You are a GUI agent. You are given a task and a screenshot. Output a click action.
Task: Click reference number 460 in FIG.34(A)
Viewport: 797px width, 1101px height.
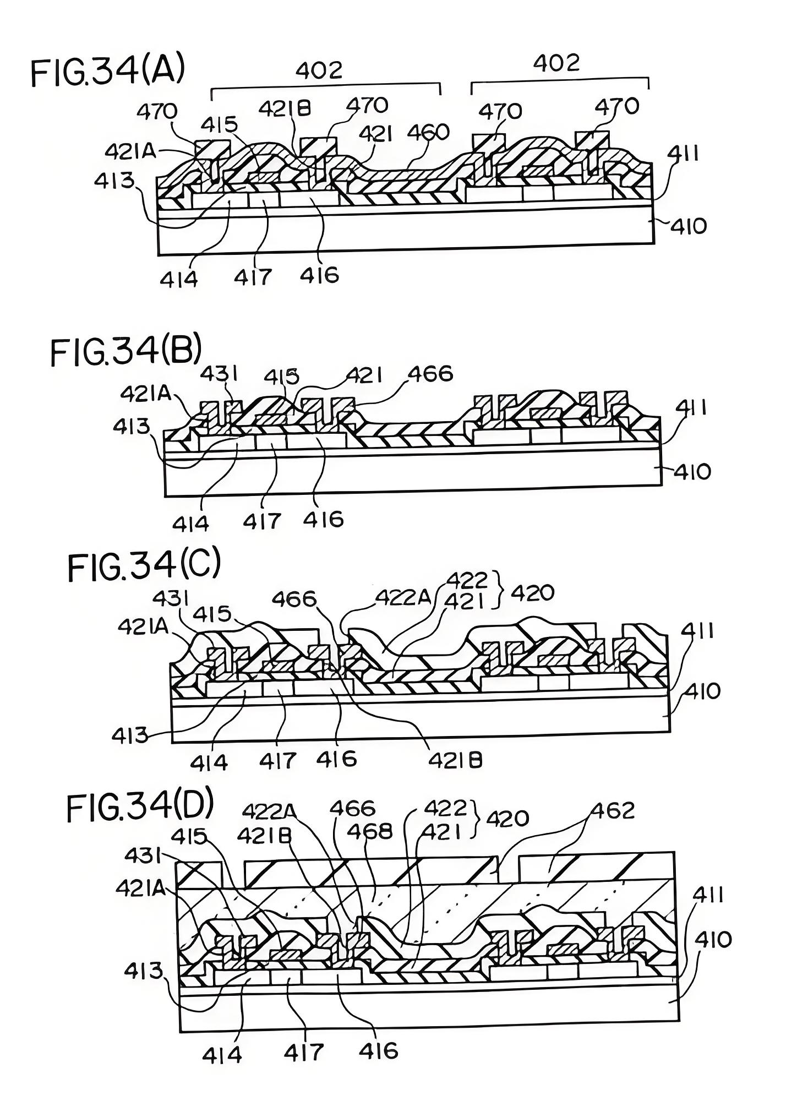pos(429,132)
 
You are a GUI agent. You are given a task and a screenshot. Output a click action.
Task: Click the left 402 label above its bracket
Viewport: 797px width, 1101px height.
pos(319,70)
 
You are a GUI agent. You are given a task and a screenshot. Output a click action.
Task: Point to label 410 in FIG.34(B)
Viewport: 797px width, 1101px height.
pos(692,472)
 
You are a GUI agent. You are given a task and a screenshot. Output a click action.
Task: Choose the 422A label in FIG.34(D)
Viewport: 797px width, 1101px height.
pos(269,810)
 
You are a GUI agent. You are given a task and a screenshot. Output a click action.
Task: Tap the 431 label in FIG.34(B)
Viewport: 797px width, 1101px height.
pos(219,374)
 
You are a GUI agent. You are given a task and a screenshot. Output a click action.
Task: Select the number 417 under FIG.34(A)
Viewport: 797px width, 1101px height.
pos(253,277)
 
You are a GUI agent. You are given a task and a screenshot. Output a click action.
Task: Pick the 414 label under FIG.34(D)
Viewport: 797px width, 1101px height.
pos(222,1054)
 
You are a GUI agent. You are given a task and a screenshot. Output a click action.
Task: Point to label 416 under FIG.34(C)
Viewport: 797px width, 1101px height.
pos(337,759)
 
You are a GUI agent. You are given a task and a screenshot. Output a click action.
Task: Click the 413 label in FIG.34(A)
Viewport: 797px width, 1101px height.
pos(114,180)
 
